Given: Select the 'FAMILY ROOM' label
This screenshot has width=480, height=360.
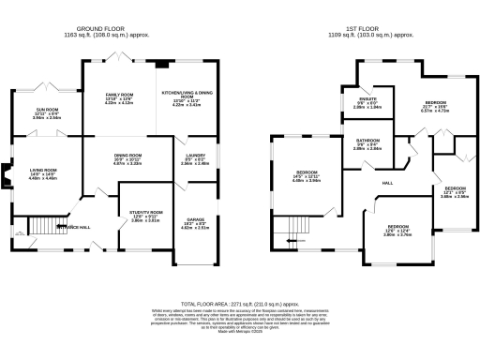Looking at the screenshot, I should point(118,95).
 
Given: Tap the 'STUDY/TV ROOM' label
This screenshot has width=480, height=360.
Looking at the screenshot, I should point(144,213).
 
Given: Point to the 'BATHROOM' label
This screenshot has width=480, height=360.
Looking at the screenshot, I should point(367,140).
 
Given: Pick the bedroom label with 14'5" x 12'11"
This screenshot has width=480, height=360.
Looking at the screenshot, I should point(307,173).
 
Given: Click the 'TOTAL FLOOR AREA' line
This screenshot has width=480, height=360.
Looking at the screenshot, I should point(241,305).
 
